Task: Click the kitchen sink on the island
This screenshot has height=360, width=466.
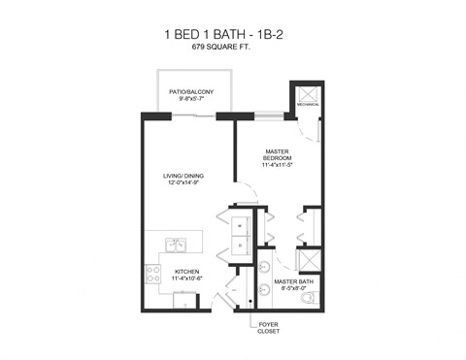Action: point(176,245)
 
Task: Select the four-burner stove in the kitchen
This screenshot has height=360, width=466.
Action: point(152,275)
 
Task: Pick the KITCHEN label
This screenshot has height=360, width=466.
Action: point(186,271)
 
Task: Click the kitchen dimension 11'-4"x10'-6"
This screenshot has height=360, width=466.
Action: point(186,279)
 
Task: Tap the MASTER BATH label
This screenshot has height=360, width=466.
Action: point(291,282)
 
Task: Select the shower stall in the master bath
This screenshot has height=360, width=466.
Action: point(309,261)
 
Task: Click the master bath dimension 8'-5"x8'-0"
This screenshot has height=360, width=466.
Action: point(291,289)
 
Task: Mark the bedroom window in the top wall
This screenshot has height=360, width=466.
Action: point(265,115)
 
